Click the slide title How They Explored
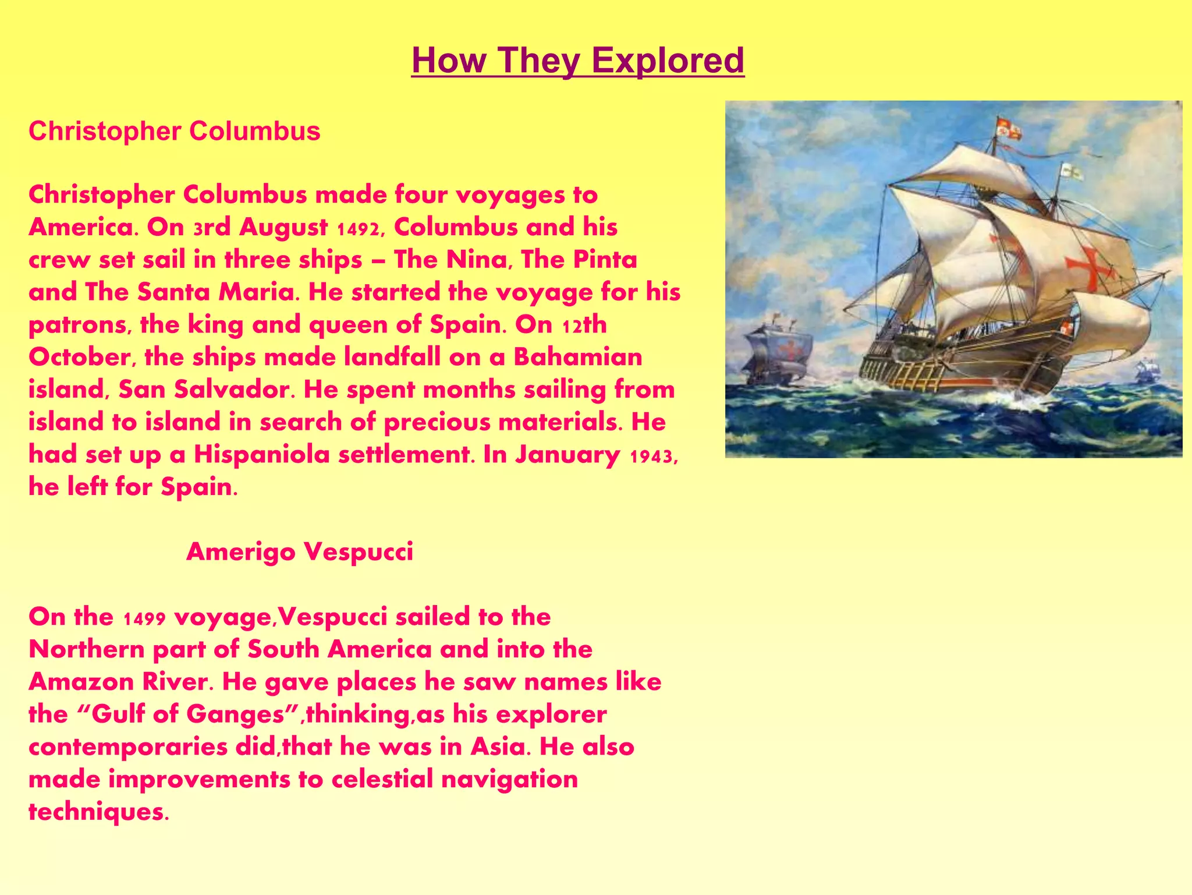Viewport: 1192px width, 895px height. point(577,61)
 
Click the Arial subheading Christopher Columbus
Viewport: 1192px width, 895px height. point(174,131)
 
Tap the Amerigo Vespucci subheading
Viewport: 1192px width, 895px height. point(300,551)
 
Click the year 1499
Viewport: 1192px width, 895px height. point(145,618)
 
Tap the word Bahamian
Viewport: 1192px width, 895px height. point(577,357)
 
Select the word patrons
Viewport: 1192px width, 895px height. point(77,325)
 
